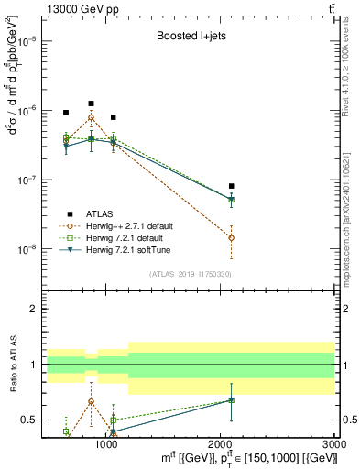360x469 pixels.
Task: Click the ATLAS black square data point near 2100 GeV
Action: [231, 186]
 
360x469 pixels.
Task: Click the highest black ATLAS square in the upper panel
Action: [91, 104]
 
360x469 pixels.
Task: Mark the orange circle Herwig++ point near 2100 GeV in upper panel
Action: [231, 237]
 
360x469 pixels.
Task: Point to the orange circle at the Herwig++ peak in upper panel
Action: [91, 118]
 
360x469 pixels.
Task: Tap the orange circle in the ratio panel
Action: [91, 401]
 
